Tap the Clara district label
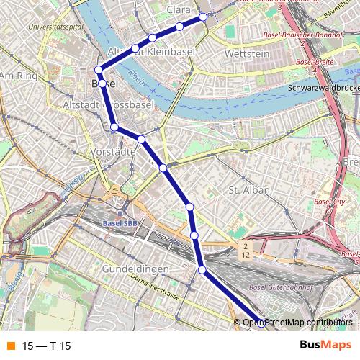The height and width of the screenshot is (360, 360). point(178,9)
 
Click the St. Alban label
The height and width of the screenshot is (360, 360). point(248,190)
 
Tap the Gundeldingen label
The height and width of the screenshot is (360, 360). point(135,269)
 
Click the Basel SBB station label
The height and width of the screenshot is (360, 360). point(120,223)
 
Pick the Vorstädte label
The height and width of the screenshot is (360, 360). point(114,152)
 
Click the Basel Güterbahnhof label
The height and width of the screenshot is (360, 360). point(276,288)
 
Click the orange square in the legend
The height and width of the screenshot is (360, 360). point(10,346)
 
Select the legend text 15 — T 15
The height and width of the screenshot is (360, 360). point(47,346)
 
